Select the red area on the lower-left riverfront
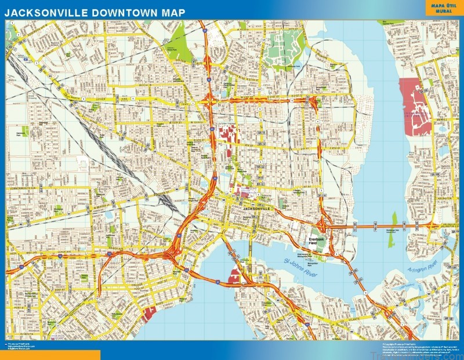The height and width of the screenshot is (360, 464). (149, 314)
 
